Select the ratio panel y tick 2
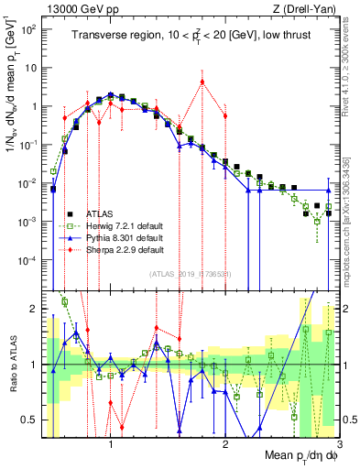point(33,309)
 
